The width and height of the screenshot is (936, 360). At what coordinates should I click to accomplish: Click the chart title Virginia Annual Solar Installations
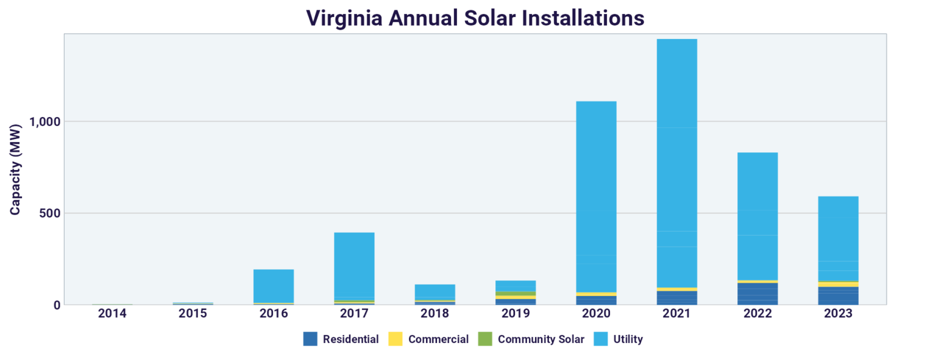tap(475, 18)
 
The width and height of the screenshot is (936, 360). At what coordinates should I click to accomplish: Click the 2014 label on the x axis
tap(112, 314)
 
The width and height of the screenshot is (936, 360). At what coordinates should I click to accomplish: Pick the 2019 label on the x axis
tap(516, 314)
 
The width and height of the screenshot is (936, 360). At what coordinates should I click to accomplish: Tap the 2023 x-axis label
tap(838, 314)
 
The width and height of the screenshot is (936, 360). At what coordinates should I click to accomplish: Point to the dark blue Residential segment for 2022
tap(757, 294)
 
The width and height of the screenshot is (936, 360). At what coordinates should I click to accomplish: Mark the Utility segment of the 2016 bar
tap(274, 286)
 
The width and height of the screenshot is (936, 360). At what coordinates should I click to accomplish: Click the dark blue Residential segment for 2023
tap(838, 296)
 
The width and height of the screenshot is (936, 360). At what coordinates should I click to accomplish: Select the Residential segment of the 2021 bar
tap(676, 298)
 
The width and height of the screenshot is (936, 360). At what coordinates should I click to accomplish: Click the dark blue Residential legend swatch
tap(310, 339)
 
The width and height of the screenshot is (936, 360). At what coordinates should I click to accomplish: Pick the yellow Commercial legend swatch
tap(395, 339)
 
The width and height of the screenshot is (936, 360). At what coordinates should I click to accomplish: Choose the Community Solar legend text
tap(541, 339)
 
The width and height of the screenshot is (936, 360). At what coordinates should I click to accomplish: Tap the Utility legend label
tap(628, 339)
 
